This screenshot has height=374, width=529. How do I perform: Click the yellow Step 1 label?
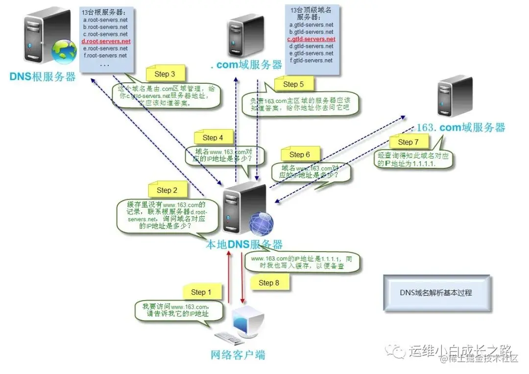(x=201, y=292)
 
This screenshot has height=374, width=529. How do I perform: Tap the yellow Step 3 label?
(x=165, y=74)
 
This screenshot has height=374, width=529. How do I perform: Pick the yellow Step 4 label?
(x=213, y=138)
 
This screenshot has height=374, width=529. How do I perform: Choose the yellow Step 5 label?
(x=293, y=84)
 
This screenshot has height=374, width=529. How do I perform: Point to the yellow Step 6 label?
(x=299, y=155)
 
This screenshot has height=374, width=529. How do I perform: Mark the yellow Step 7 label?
(x=408, y=142)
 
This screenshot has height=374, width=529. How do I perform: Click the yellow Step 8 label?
(x=268, y=282)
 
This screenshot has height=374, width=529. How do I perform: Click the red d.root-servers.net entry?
(x=106, y=42)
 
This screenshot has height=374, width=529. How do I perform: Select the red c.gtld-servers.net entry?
(x=311, y=39)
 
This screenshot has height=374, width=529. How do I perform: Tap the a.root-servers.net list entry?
(x=105, y=20)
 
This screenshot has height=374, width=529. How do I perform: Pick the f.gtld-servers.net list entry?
(x=311, y=60)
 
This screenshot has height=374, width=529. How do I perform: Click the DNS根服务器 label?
(x=43, y=77)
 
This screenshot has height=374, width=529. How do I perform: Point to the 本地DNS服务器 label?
(x=243, y=244)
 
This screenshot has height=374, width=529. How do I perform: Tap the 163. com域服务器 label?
(x=460, y=128)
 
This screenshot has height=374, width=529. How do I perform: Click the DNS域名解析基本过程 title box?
(x=436, y=293)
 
